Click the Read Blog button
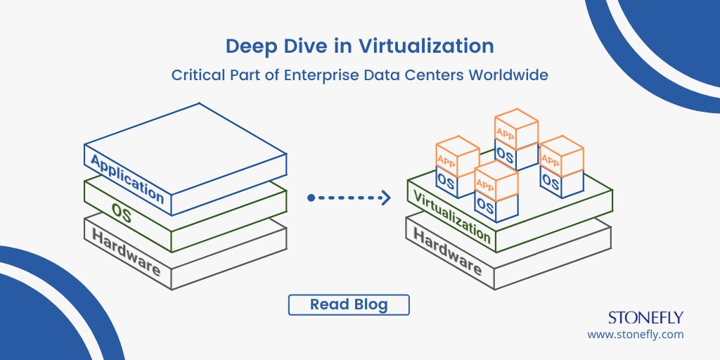[349, 305]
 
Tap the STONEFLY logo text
[645, 318]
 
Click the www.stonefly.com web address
[635, 335]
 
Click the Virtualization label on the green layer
[451, 216]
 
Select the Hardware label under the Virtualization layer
[447, 252]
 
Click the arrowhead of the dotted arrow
[386, 198]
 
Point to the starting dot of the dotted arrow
[311, 198]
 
